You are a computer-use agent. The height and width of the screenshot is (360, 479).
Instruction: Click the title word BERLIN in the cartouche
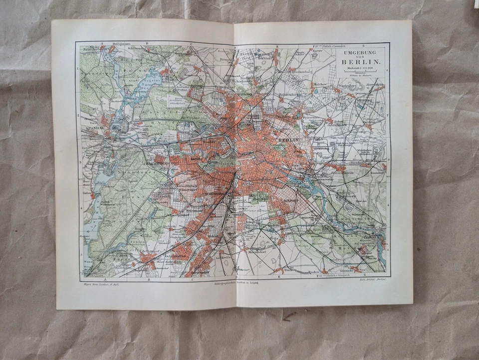pyautogui.click(x=360, y=62)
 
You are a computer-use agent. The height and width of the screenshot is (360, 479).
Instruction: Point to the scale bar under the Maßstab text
pyautogui.click(x=360, y=72)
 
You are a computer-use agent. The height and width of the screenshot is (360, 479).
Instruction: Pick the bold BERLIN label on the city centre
pyautogui.click(x=289, y=141)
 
